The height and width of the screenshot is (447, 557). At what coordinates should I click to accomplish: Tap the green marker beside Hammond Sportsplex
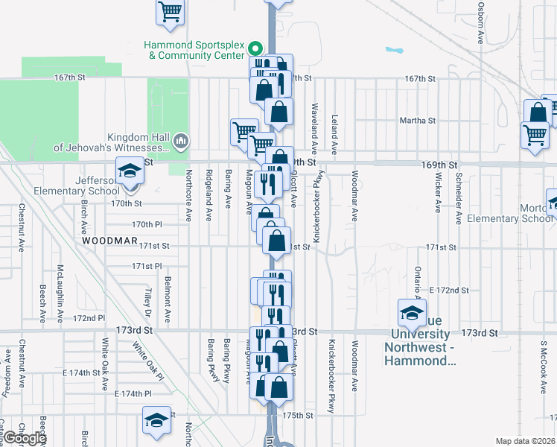255,50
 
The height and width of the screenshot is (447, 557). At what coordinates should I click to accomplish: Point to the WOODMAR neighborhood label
110,241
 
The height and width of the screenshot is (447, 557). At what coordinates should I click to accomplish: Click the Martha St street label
417,120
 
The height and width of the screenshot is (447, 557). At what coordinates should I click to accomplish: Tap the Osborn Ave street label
481,20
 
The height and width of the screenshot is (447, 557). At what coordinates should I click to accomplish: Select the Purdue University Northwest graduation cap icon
412,314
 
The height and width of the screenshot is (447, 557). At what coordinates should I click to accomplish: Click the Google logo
25,438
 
